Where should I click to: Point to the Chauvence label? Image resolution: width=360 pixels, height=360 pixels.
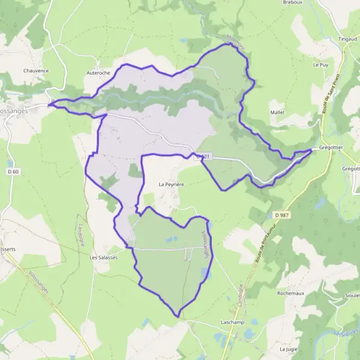click(35, 70)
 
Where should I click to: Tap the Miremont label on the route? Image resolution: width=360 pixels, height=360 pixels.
click(238, 42)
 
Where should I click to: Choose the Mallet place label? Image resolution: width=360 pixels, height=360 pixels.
click(277, 112)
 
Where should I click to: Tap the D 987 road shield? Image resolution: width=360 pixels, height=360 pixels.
click(280, 215)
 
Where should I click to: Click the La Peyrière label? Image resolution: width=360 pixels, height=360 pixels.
click(170, 184)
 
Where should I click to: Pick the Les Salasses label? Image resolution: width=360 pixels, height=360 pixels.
click(103, 257)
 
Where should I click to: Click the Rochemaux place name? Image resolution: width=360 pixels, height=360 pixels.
click(290, 293)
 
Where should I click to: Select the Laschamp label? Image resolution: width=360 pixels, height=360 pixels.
click(232, 322)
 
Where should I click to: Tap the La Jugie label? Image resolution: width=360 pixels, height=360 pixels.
click(289, 348)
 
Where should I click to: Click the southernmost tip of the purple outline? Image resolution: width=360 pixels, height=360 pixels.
click(178, 316)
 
